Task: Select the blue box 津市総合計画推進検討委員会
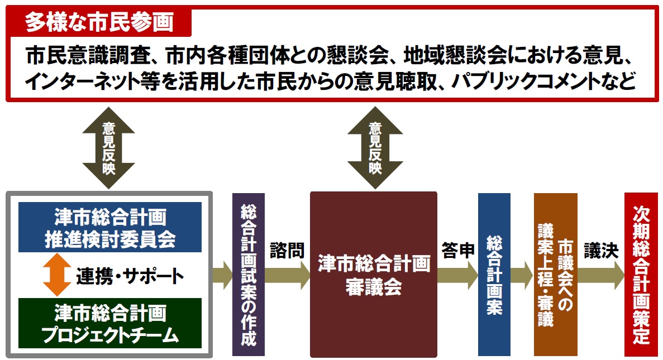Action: [109, 227]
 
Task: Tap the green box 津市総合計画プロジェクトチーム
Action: [109, 323]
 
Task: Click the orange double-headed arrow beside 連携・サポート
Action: [56, 275]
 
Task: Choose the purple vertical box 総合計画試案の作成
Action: [248, 274]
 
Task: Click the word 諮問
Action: [287, 251]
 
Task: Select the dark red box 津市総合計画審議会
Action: [373, 274]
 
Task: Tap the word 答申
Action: [457, 251]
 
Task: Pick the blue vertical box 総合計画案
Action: [494, 274]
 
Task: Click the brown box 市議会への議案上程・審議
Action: [555, 274]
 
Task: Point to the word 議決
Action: [601, 251]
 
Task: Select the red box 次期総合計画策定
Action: [641, 274]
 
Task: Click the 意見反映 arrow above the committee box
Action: [108, 147]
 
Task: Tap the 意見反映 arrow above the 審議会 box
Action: [374, 147]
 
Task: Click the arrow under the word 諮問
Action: [287, 275]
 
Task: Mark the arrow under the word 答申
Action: [457, 275]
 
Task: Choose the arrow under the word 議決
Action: [601, 275]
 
